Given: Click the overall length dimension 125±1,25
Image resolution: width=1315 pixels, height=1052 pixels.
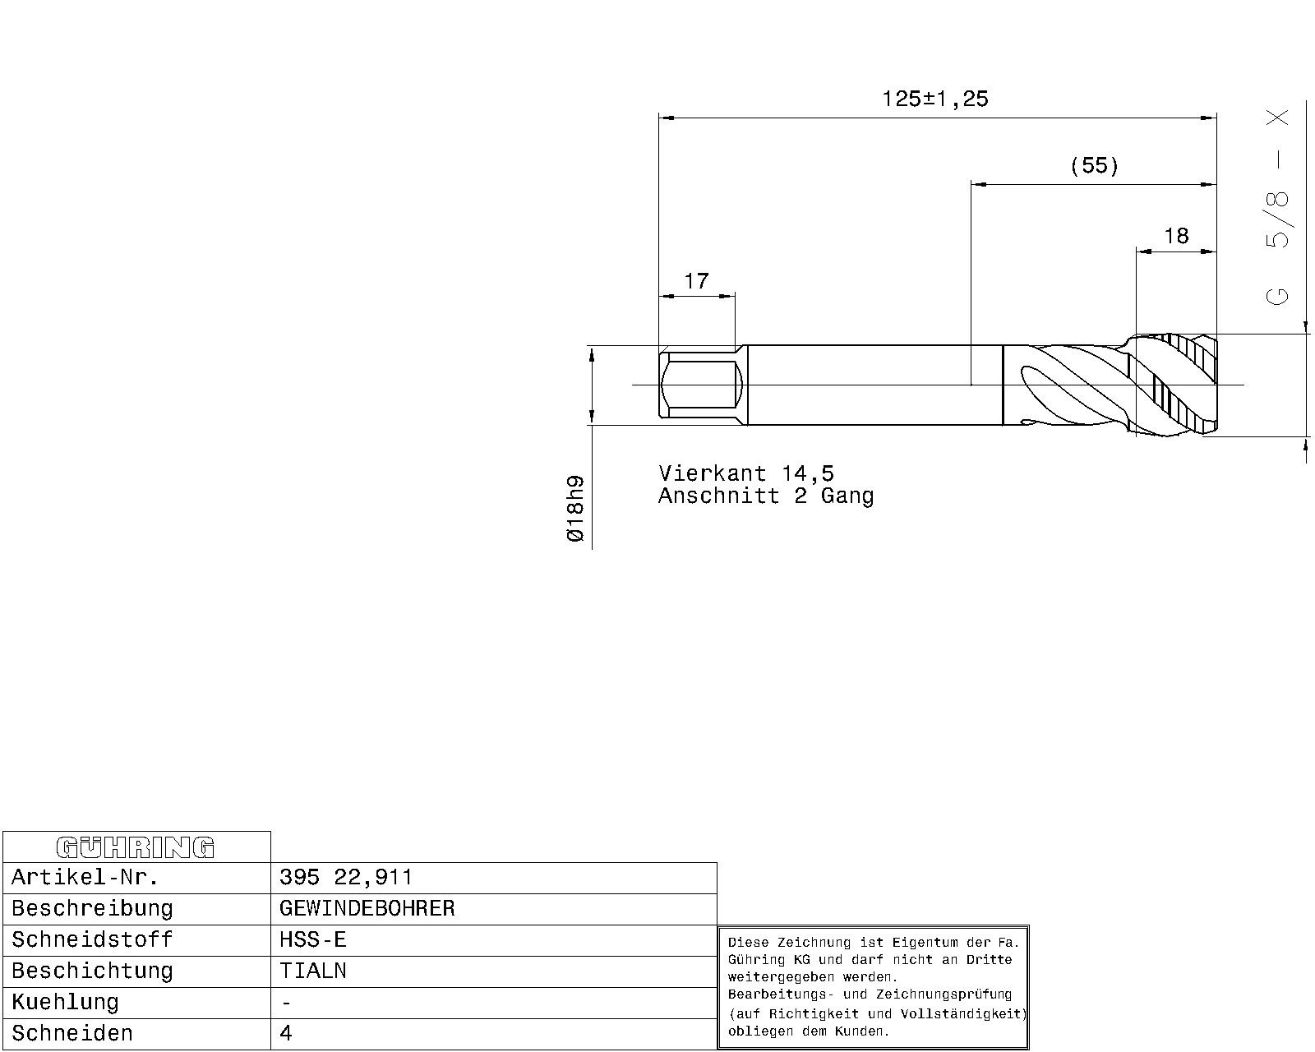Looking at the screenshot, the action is pyautogui.click(x=935, y=99).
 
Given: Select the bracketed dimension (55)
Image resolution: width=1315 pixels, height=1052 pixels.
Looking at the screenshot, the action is pyautogui.click(x=1095, y=166).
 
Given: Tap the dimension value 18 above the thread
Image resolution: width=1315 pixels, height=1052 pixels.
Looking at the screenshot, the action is pyautogui.click(x=1176, y=236).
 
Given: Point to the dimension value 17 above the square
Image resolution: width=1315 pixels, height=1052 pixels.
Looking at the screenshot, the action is pyautogui.click(x=697, y=281).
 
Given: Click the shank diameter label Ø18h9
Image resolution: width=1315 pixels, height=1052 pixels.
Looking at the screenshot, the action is pyautogui.click(x=575, y=509).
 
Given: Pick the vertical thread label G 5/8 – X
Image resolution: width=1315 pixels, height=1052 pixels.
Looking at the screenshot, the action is pyautogui.click(x=1277, y=207).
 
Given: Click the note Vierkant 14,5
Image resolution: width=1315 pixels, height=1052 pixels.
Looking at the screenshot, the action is pyautogui.click(x=746, y=473).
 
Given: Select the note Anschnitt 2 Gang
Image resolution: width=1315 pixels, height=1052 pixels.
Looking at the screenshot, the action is pyautogui.click(x=766, y=496).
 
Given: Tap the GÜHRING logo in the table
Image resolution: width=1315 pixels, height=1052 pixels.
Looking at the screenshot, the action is pyautogui.click(x=135, y=847).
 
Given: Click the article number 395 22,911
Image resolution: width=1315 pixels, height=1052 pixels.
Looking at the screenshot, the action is pyautogui.click(x=346, y=878).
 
